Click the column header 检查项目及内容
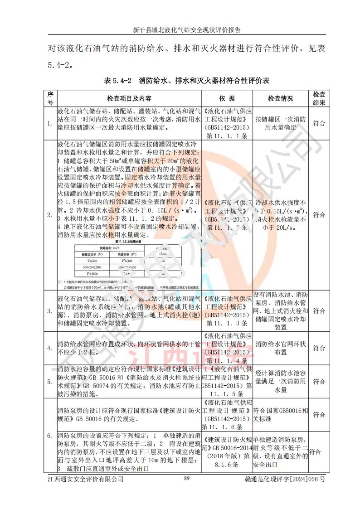point(129,98)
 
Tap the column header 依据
point(227,98)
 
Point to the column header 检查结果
point(319,98)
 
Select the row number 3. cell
point(50,311)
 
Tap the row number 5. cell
point(50,382)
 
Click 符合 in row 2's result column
point(319,215)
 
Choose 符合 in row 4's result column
point(319,348)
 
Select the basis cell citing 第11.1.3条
point(227,311)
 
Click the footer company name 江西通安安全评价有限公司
point(86,479)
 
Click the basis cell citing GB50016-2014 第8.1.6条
point(227,452)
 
